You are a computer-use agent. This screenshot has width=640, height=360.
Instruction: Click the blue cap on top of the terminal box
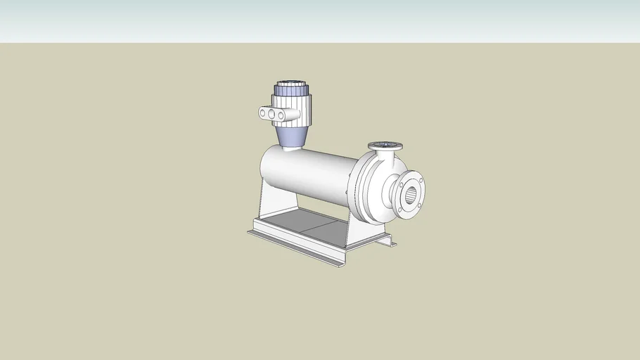pyautogui.click(x=290, y=89)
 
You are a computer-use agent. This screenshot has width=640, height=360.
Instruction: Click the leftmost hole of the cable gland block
pyautogui.click(x=263, y=112)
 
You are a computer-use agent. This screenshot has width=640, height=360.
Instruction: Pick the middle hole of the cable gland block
pyautogui.click(x=271, y=113)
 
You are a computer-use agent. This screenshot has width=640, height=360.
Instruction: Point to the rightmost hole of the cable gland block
pyautogui.click(x=280, y=115)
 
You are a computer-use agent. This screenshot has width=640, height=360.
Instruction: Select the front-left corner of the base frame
pyautogui.click(x=251, y=232)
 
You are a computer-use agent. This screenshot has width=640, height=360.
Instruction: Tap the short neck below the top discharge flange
pyautogui.click(x=385, y=155)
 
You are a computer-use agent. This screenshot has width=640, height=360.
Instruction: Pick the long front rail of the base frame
pyautogui.click(x=295, y=247)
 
